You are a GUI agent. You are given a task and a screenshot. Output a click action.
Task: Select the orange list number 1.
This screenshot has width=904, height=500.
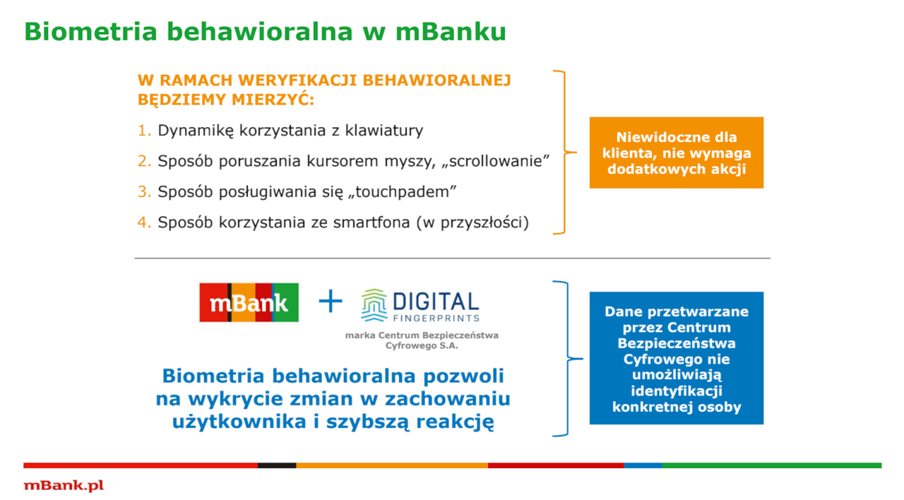pyautogui.click(x=144, y=131)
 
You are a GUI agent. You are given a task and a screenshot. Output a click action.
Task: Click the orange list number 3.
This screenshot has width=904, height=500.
pyautogui.click(x=144, y=191)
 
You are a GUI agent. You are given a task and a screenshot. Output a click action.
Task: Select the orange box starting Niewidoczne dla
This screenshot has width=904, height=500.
pyautogui.click(x=676, y=153)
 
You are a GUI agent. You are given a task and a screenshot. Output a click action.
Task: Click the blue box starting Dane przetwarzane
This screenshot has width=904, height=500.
pyautogui.click(x=676, y=358)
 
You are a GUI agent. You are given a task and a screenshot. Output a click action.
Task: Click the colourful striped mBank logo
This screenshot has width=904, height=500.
pyautogui.click(x=249, y=302)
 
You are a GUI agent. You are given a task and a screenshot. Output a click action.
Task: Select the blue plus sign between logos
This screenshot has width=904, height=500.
pyautogui.click(x=330, y=302)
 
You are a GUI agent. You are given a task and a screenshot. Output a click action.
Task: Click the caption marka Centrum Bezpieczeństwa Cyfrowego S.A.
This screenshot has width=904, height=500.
pyautogui.click(x=422, y=340)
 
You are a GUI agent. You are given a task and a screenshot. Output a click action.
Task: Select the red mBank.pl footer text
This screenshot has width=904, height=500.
pyautogui.click(x=64, y=485)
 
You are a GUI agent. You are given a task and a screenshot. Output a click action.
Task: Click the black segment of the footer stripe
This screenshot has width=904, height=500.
pyautogui.click(x=277, y=465)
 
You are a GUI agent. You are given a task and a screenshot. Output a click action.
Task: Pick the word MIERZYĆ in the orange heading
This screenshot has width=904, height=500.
pyautogui.click(x=273, y=100)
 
